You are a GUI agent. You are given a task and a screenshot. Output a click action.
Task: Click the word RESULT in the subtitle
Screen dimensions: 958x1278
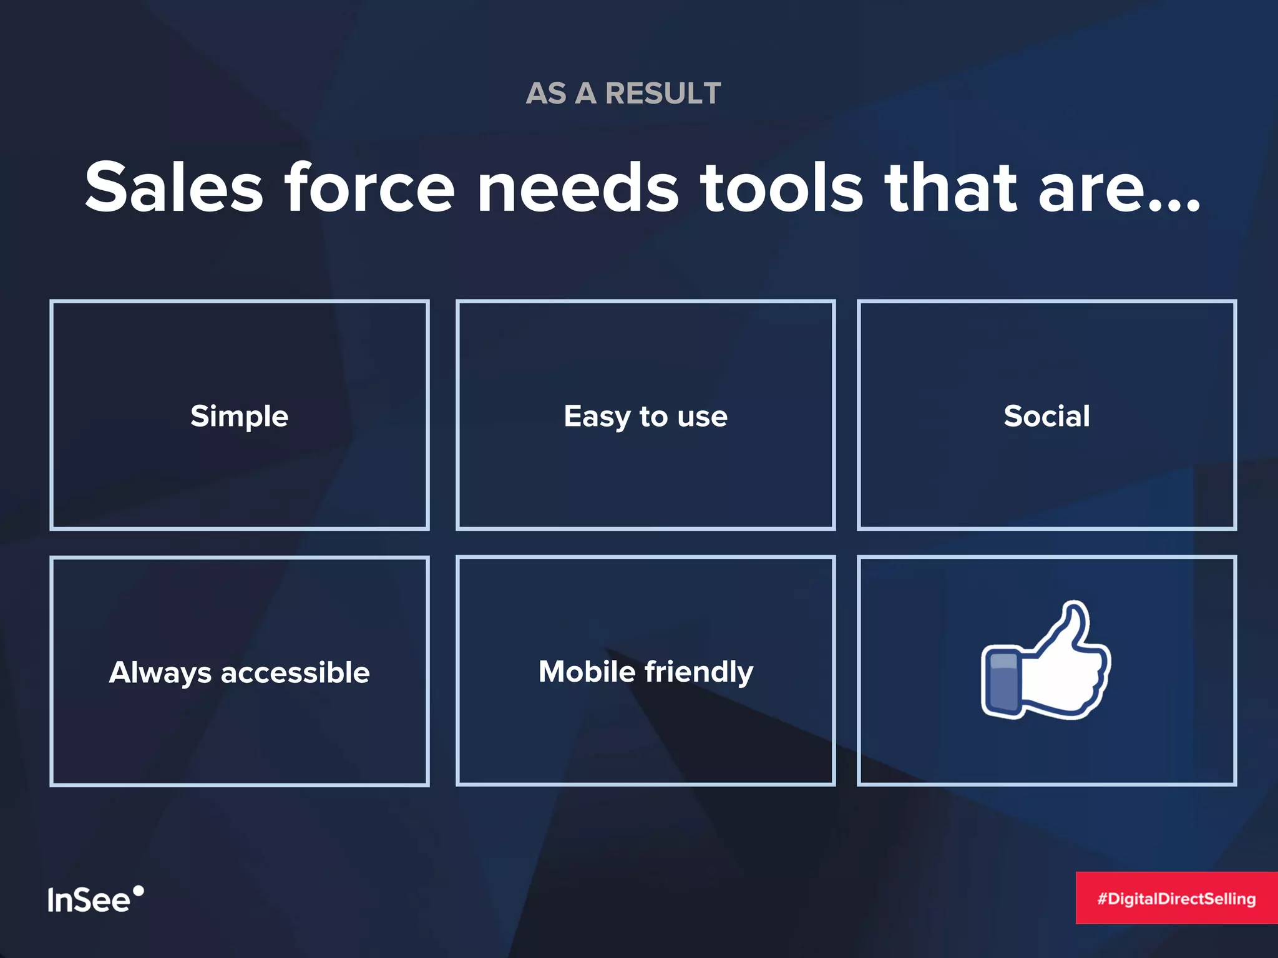(x=663, y=94)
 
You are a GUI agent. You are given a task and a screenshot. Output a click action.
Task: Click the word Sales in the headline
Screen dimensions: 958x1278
(x=174, y=187)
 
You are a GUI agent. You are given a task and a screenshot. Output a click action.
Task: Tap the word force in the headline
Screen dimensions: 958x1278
(x=369, y=187)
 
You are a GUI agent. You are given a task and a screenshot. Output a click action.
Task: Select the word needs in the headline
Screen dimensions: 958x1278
(x=577, y=187)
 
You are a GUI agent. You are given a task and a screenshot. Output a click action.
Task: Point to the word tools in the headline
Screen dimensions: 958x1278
(x=781, y=187)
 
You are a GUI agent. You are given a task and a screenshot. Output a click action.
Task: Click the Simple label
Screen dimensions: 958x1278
(x=239, y=416)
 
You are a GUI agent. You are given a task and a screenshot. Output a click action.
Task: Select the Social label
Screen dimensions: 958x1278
(x=1046, y=416)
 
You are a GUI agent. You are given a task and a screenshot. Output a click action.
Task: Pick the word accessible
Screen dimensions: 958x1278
(x=295, y=672)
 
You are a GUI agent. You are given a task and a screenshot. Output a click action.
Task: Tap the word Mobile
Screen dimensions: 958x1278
(x=587, y=672)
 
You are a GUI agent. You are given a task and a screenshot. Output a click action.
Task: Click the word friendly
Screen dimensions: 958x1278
(x=699, y=672)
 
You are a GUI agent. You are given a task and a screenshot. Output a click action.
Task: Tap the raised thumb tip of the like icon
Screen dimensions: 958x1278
(x=1075, y=614)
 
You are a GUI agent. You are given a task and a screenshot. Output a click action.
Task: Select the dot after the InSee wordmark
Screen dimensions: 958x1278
(x=139, y=890)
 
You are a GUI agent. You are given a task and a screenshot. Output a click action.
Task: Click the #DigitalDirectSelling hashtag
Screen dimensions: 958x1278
(x=1176, y=898)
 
